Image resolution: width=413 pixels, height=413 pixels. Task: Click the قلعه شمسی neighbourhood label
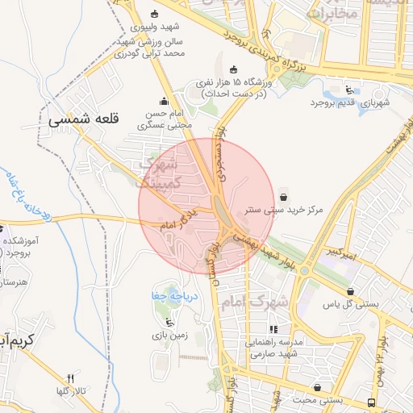[83, 119]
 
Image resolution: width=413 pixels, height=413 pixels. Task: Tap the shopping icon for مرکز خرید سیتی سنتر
[283, 196]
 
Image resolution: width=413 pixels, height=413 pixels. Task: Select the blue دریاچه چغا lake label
[169, 296]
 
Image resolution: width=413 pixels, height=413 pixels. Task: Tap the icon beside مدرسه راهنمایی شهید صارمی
[274, 329]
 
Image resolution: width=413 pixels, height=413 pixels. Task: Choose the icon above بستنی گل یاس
[351, 291]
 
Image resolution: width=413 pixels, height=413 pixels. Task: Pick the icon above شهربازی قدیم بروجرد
[348, 90]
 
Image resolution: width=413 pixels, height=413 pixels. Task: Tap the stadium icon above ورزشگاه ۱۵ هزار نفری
[234, 69]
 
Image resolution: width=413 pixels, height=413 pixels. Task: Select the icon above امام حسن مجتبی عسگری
[165, 101]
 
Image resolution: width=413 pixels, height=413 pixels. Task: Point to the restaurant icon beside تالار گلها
[70, 378]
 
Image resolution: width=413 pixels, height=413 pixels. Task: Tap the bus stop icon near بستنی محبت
[371, 401]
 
